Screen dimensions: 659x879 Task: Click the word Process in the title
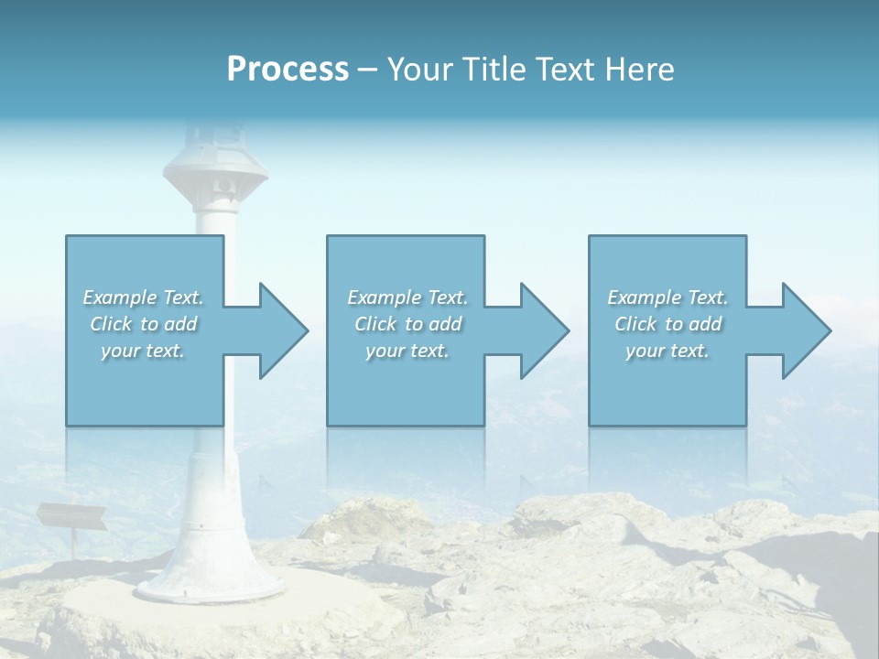(x=288, y=70)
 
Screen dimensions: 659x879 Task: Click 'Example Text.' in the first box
(x=143, y=297)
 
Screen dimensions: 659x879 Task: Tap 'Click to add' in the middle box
(x=407, y=324)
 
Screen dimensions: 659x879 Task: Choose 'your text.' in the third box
(x=667, y=351)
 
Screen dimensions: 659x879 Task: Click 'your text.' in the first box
(x=143, y=351)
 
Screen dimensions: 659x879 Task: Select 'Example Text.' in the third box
(x=667, y=297)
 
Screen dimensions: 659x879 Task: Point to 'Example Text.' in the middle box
(x=407, y=297)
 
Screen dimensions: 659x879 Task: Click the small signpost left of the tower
(x=71, y=516)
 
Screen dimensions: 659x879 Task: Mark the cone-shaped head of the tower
(x=216, y=170)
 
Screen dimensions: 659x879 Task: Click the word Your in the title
(x=416, y=70)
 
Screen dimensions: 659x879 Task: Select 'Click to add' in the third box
(x=667, y=324)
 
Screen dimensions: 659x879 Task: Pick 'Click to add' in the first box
(x=143, y=324)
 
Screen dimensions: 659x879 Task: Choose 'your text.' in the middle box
(x=407, y=351)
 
